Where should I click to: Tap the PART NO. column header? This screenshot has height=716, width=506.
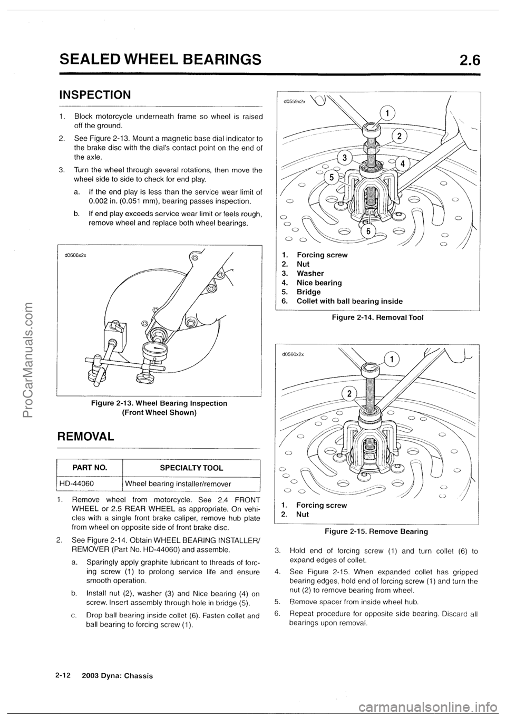pos(90,467)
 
